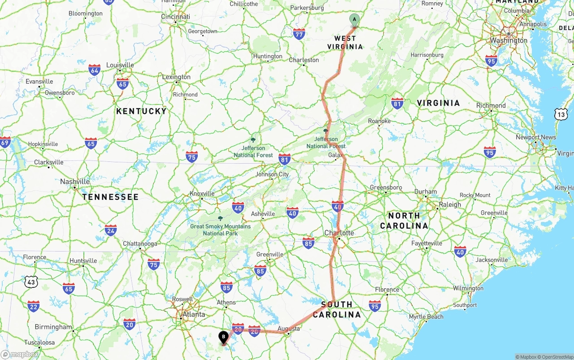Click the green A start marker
(354, 19)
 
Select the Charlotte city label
(339, 233)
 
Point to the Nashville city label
(75, 182)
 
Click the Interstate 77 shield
(299, 34)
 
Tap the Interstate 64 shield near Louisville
(94, 70)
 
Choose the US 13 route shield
(561, 114)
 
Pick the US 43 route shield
(31, 282)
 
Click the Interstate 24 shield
(111, 230)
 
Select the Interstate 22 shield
(33, 306)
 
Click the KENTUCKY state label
(141, 111)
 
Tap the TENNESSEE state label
(110, 197)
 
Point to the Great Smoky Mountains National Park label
(220, 230)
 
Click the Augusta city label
(289, 329)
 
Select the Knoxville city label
(202, 194)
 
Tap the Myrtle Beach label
(426, 317)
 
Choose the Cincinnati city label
(176, 17)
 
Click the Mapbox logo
(20, 354)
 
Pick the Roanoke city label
(379, 121)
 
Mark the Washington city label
(509, 40)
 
